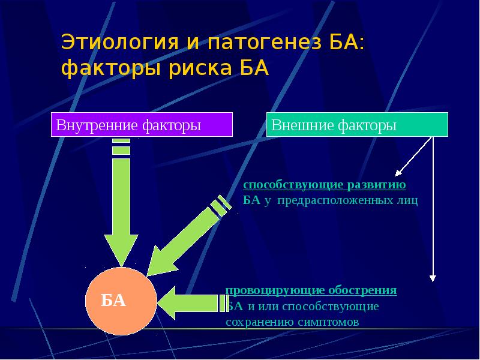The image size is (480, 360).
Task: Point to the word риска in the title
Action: point(191,69)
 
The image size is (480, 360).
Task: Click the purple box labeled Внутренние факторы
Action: point(142,126)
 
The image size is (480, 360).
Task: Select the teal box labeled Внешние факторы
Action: point(357,125)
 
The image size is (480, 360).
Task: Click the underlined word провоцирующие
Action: point(267,290)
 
